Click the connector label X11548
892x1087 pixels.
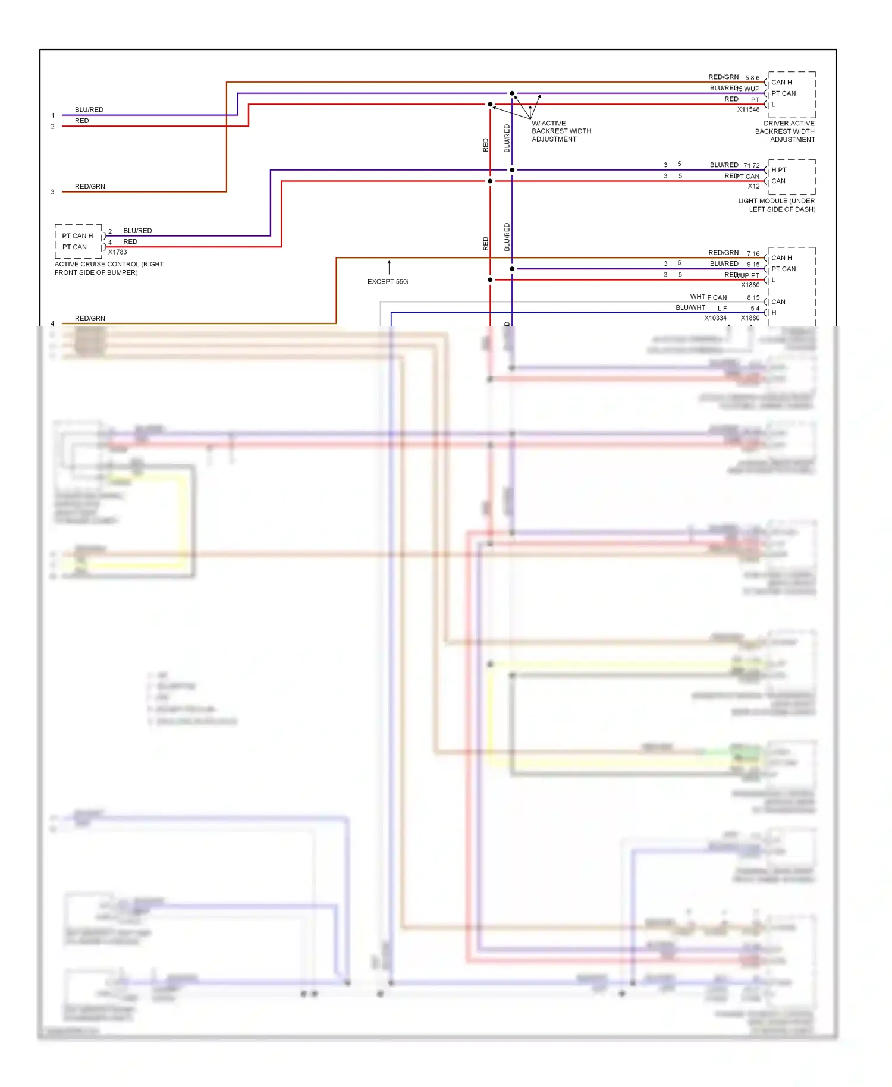pos(748,109)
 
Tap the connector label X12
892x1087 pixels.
pos(753,186)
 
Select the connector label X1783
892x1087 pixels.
pos(117,252)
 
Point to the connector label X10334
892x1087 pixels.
pos(715,318)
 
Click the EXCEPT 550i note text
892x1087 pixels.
pos(388,282)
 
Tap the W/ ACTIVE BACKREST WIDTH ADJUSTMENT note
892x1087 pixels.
pos(561,131)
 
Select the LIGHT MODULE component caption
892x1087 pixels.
pos(776,205)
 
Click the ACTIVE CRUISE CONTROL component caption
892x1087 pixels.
pos(109,268)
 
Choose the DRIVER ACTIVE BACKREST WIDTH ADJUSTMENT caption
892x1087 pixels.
pos(785,131)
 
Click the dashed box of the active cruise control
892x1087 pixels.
pos(78,241)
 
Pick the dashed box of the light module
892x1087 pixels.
pos(792,177)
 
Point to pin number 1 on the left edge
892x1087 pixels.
pos(53,115)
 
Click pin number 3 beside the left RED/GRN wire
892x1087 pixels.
pos(53,192)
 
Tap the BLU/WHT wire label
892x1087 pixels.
pos(690,308)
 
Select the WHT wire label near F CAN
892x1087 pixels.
pos(698,297)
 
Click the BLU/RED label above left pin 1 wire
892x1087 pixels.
pos(89,110)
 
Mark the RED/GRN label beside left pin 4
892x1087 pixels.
pos(90,319)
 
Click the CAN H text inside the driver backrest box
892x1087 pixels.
pos(781,83)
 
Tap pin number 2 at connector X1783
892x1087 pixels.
pos(110,232)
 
